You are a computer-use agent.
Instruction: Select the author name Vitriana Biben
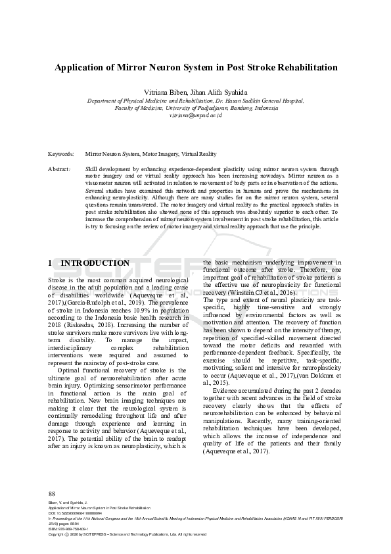point(172,91)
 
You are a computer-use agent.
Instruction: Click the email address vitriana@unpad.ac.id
point(195,114)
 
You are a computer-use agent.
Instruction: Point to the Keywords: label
point(61,154)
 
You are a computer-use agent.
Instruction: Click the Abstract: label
point(60,169)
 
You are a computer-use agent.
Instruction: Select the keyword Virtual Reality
point(198,154)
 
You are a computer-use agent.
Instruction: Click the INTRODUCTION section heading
point(95,263)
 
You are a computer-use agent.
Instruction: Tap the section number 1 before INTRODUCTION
point(51,263)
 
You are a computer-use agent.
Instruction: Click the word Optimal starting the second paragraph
point(70,370)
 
